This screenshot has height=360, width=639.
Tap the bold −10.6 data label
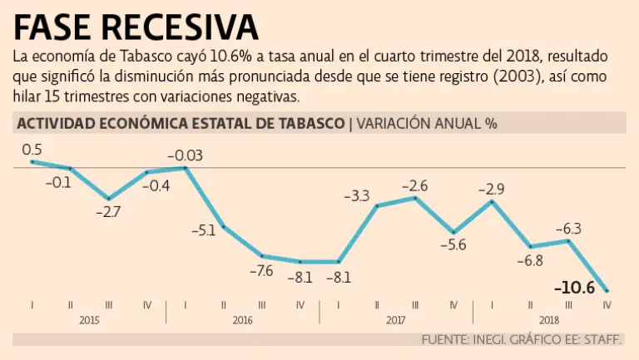(574, 288)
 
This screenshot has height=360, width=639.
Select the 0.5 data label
(32, 149)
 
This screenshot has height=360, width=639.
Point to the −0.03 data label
(185, 155)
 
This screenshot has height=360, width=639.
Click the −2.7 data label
(108, 212)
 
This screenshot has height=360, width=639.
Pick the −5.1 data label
(203, 230)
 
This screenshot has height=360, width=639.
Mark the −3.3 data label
(356, 196)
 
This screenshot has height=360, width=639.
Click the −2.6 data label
(414, 185)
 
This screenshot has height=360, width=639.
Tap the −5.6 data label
(453, 244)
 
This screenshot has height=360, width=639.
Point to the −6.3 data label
(567, 228)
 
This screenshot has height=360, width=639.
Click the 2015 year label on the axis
(89, 320)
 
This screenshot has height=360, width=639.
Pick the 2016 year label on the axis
(242, 320)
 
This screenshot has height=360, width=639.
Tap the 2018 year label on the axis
(548, 320)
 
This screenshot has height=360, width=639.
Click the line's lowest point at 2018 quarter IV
(607, 290)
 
